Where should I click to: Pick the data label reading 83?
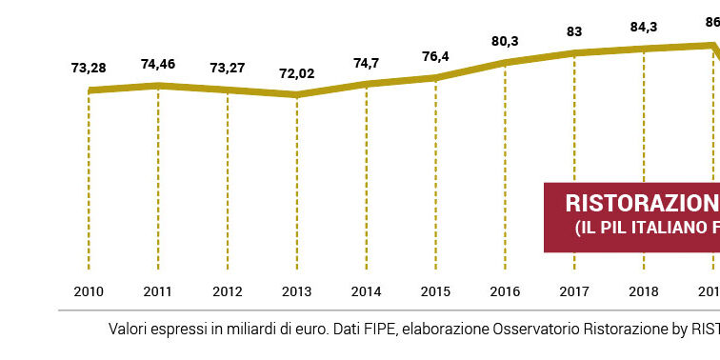(x=575, y=31)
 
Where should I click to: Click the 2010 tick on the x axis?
(x=89, y=290)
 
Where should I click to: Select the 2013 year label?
(x=297, y=290)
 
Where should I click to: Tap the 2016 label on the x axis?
(x=506, y=290)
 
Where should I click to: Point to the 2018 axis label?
(x=645, y=290)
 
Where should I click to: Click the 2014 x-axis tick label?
(x=367, y=290)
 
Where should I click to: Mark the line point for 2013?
(x=297, y=94)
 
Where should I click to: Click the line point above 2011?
(x=158, y=86)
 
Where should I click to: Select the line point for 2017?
(x=575, y=52)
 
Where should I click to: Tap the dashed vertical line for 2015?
(x=436, y=171)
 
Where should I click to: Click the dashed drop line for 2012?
(x=228, y=181)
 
